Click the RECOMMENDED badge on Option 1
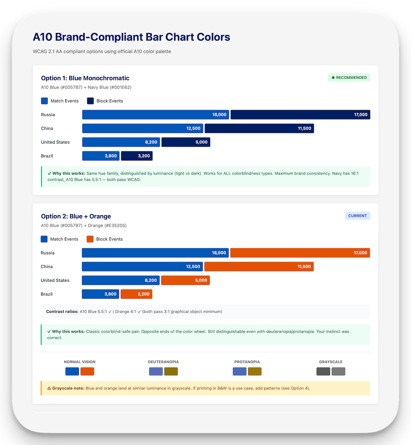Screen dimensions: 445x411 349,78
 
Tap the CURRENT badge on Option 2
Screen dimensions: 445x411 357,216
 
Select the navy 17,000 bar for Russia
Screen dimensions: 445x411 300,115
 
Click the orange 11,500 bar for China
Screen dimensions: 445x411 259,267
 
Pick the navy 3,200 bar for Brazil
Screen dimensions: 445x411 137,156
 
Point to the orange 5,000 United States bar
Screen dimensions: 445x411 185,280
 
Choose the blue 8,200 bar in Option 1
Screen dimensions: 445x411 121,142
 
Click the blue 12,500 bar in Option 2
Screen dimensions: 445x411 142,267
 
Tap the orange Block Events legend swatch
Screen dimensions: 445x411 90,239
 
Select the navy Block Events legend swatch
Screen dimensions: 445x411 91,101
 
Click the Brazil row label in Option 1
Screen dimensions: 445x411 47,156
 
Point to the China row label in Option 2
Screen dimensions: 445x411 47,267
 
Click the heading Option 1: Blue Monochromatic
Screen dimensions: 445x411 85,78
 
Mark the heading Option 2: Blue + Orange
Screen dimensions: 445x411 76,216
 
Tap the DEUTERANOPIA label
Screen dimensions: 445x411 163,362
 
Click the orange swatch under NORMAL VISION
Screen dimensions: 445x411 87,371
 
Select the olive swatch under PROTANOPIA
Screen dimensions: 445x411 255,371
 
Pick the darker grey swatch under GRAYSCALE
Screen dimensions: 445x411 323,371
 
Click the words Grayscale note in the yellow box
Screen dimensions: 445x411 68,388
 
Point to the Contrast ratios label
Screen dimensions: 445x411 62,312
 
